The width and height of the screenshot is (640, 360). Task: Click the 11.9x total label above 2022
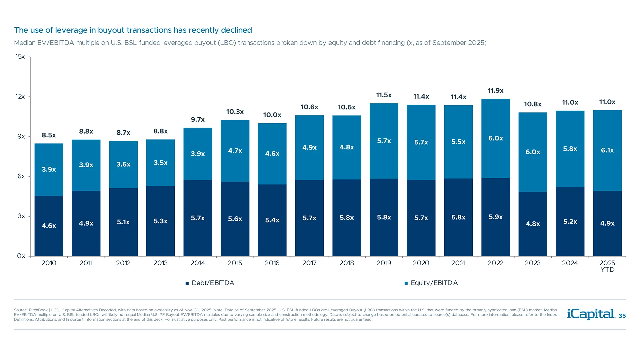click(x=495, y=91)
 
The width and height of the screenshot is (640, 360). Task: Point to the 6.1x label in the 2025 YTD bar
click(x=607, y=150)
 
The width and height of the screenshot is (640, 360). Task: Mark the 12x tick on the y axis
click(x=20, y=97)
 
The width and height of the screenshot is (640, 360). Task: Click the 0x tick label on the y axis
click(x=21, y=256)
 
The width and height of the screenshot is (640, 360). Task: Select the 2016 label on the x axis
click(x=272, y=263)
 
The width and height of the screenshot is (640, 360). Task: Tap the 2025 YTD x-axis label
click(x=607, y=266)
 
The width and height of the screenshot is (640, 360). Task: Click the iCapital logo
click(x=591, y=314)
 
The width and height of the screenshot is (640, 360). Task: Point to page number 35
click(x=622, y=316)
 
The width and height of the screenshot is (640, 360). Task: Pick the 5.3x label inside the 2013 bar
click(x=160, y=221)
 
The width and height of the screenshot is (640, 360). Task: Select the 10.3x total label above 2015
click(x=235, y=112)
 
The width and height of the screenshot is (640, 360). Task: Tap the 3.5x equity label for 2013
click(x=160, y=163)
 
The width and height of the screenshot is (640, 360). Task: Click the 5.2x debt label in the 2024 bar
click(x=570, y=222)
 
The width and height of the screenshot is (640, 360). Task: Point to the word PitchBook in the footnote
click(x=38, y=310)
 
